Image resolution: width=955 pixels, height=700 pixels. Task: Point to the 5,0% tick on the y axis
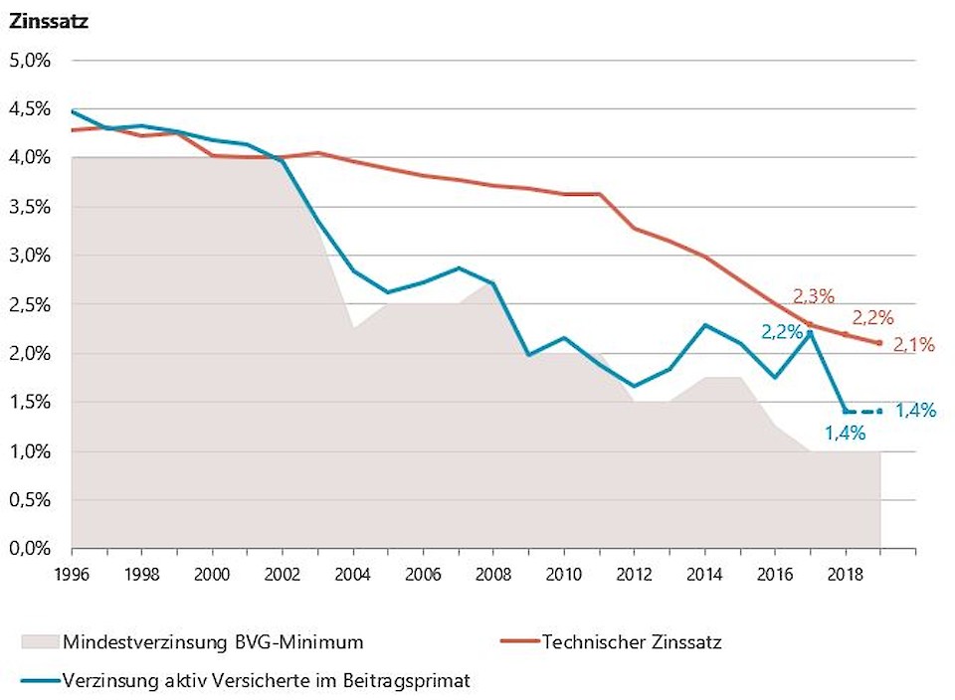(30, 61)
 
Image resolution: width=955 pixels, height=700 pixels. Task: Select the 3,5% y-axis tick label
(30, 207)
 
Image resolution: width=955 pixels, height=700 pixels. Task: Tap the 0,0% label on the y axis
(30, 549)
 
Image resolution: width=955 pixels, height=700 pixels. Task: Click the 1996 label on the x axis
(71, 574)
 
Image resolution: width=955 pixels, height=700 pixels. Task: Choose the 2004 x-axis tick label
(353, 574)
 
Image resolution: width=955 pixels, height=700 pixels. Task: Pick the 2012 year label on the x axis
(634, 574)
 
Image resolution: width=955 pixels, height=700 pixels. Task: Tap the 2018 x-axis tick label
(846, 574)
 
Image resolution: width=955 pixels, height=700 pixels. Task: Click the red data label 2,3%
(813, 295)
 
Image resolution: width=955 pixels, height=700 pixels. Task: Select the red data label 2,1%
(914, 344)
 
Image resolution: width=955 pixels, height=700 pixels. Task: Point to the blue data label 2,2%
(782, 332)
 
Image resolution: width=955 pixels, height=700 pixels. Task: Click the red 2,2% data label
(872, 318)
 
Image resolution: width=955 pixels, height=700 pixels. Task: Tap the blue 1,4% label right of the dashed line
(916, 410)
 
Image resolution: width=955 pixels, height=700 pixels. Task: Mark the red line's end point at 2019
(879, 343)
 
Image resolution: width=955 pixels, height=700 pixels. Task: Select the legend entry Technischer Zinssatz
(631, 641)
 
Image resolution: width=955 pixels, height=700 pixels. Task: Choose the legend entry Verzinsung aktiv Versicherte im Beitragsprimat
(265, 681)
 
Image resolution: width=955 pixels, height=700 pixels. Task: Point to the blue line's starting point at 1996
(72, 110)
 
